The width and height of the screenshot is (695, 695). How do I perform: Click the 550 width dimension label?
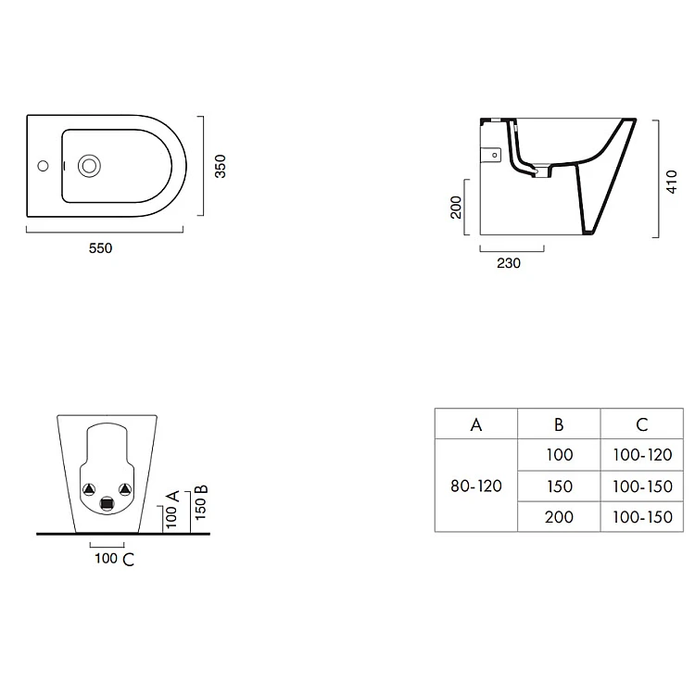[x=100, y=248]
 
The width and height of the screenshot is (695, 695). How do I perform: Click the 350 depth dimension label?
[x=221, y=166]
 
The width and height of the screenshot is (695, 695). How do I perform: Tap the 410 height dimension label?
[x=672, y=182]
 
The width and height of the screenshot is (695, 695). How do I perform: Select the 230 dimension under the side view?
[x=509, y=263]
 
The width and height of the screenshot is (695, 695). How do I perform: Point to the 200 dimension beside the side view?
[x=456, y=208]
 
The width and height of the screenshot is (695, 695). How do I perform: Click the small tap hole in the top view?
[x=43, y=166]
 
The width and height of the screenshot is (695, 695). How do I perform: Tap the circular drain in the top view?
[x=89, y=166]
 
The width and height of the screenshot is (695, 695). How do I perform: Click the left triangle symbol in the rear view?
[x=89, y=489]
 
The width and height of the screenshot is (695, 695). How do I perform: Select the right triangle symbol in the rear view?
[x=125, y=489]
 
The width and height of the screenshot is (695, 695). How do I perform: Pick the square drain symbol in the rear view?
[x=107, y=504]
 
